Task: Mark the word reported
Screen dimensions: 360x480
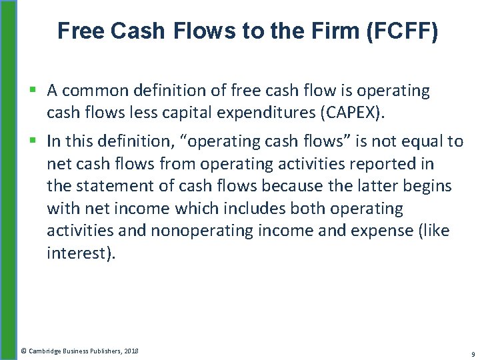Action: pyautogui.click(x=378, y=163)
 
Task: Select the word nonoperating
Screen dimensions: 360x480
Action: pyautogui.click(x=211, y=231)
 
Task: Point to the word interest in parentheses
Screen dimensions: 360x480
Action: pyautogui.click(x=79, y=253)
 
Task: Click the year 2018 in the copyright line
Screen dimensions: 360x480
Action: pyautogui.click(x=130, y=351)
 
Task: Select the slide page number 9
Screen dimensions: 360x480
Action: pyautogui.click(x=472, y=353)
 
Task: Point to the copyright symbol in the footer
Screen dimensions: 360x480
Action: pyautogui.click(x=24, y=351)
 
